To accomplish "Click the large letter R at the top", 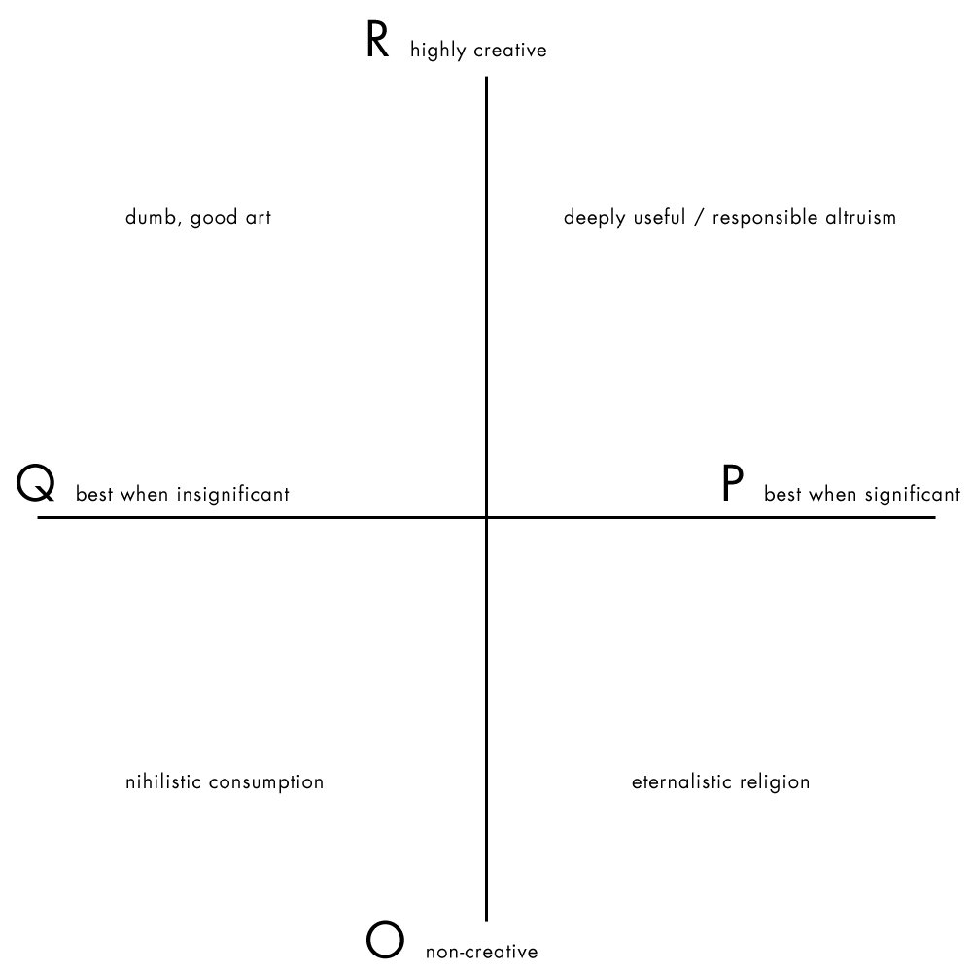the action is click(x=377, y=43).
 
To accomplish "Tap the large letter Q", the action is click(x=36, y=484).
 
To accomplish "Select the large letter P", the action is click(x=733, y=484).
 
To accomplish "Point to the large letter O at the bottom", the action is click(x=385, y=941).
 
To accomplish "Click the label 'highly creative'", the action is click(x=478, y=51).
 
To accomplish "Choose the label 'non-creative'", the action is click(x=481, y=953).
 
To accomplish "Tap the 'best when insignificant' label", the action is click(x=183, y=495).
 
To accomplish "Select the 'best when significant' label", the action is click(x=862, y=495).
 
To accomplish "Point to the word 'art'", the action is click(x=257, y=218).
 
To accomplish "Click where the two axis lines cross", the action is click(x=486, y=518).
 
